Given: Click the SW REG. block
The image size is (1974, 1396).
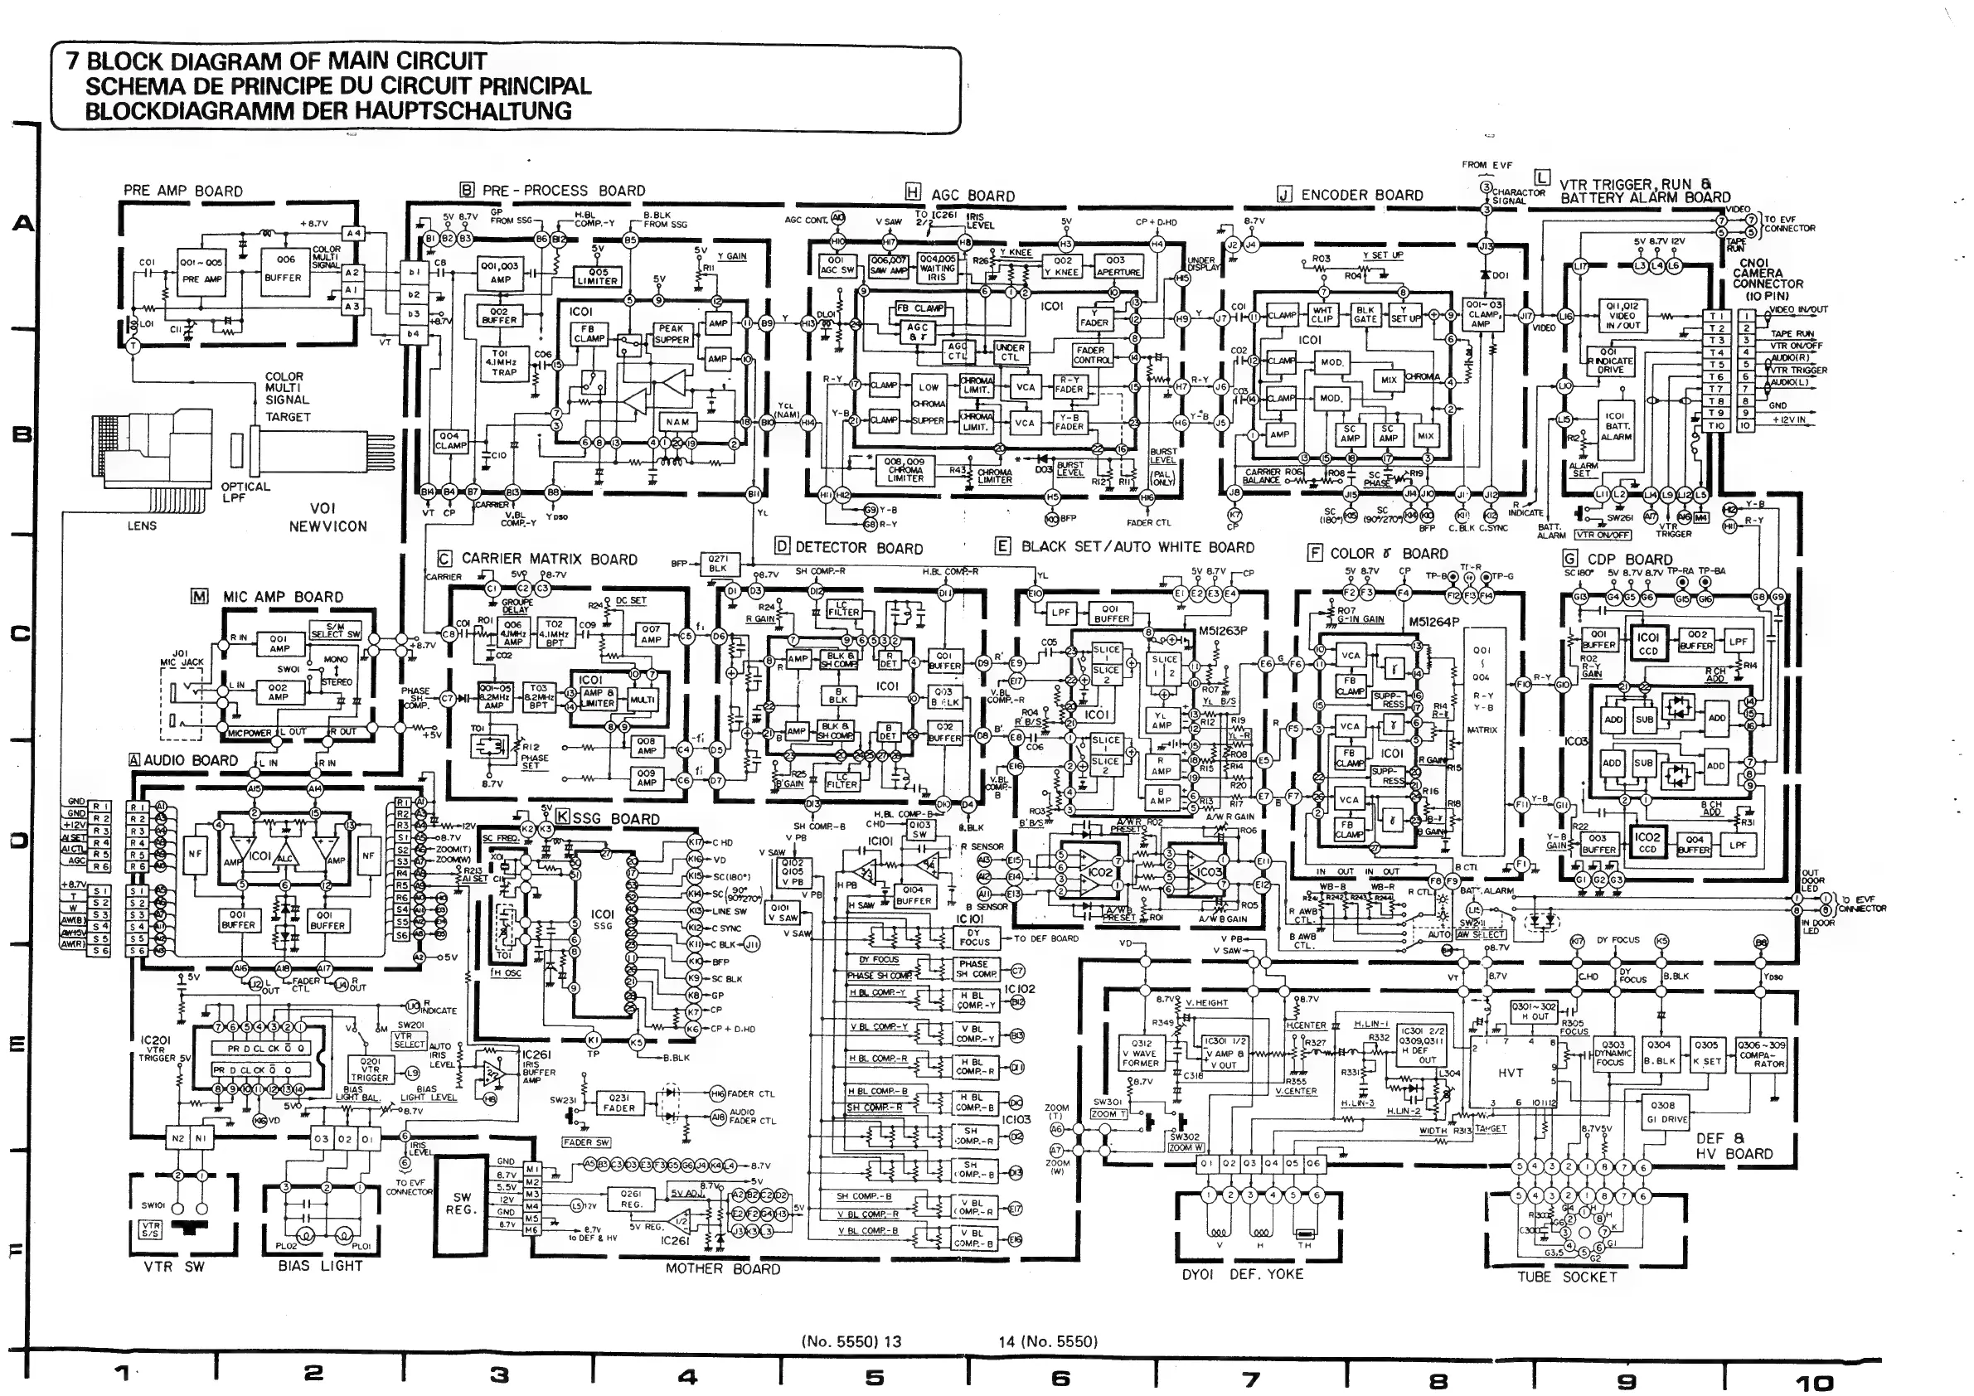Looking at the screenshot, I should (x=462, y=1203).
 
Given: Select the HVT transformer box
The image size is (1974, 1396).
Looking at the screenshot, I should (x=1511, y=1073).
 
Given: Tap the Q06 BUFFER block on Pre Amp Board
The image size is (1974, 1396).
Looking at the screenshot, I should (x=284, y=269).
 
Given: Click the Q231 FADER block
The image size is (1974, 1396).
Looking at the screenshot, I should (x=619, y=1103).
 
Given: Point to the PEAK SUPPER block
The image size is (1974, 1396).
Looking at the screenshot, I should (x=672, y=333).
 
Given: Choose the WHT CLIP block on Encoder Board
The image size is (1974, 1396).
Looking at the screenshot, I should (x=1322, y=315).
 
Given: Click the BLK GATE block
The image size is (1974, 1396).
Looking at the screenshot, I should (x=1365, y=315).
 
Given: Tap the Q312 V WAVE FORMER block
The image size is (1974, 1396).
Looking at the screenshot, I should (x=1141, y=1053).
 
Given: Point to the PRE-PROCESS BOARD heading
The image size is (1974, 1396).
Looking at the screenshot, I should (x=563, y=191).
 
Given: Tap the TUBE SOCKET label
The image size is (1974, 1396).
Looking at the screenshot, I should (x=1566, y=1277).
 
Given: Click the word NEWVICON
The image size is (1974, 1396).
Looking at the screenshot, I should (x=327, y=526).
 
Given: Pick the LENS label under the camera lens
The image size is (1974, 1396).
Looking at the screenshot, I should (x=142, y=526).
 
